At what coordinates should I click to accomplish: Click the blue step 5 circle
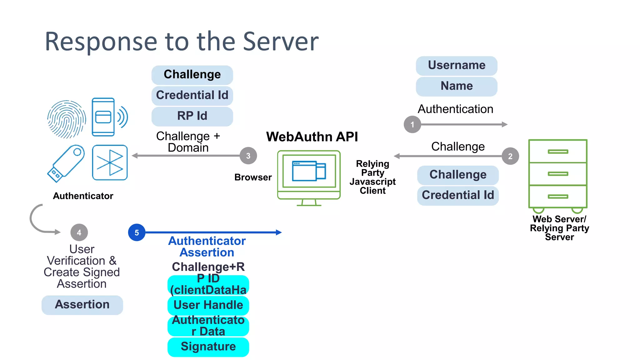(137, 232)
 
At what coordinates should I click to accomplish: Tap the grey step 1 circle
(412, 124)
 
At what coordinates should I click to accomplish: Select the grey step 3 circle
(248, 156)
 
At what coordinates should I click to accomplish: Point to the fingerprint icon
(67, 119)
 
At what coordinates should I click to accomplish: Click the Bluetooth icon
(110, 162)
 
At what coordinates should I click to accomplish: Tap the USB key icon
(66, 163)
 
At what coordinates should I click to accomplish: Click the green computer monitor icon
(309, 177)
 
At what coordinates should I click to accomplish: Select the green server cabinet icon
(558, 175)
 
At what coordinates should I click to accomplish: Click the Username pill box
(457, 66)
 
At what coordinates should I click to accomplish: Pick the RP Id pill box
(192, 116)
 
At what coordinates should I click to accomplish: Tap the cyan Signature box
(208, 347)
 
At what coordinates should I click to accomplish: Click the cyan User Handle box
(208, 305)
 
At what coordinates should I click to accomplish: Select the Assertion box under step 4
(82, 305)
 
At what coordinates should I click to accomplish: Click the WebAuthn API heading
(312, 137)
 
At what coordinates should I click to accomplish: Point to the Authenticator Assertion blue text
(207, 247)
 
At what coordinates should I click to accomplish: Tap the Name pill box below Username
(457, 86)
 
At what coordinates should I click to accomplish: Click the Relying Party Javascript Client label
(372, 177)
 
